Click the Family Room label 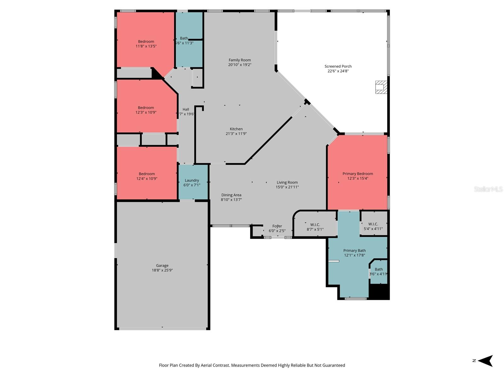pos(240,60)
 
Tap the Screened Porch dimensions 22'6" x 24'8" pos(338,71)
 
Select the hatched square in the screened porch pos(381,87)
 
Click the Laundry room pos(192,182)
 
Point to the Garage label pos(162,266)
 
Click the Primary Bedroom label pos(358,174)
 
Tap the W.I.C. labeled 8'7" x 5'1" pos(315,227)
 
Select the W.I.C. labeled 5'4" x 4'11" pos(373,226)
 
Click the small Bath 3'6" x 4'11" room pos(378,272)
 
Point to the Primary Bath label pos(354,250)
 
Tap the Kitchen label pos(236,129)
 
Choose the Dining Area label pos(231,195)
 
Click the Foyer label pos(277,226)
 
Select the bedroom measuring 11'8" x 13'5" pos(146,44)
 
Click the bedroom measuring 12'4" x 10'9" pos(147,176)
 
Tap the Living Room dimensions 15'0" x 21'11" pos(287,187)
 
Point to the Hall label pos(186,109)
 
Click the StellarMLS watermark pos(488,189)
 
